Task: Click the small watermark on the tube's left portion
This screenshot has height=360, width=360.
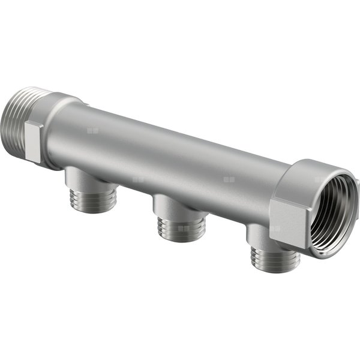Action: click(91, 130)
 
